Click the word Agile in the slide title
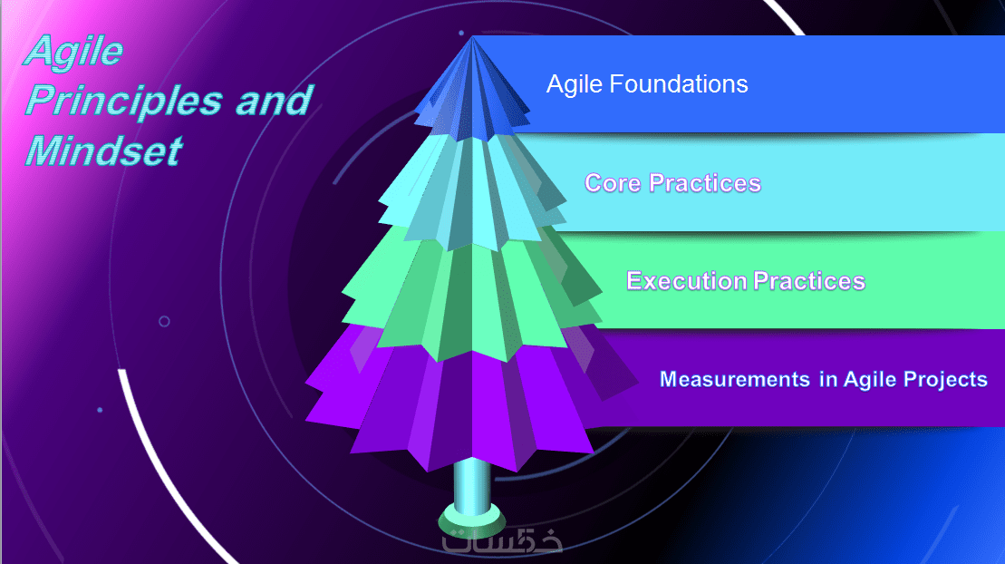(x=73, y=52)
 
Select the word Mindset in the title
(x=104, y=151)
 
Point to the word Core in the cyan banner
(x=613, y=183)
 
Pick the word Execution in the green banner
(x=686, y=281)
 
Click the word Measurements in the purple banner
(x=735, y=379)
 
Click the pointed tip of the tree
(x=472, y=36)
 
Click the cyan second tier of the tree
(x=472, y=192)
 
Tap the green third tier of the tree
(x=472, y=296)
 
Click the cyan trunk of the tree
(x=472, y=484)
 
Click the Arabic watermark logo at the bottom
(x=502, y=542)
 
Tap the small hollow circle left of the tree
(x=164, y=321)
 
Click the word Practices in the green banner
(x=809, y=281)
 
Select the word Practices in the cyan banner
(x=704, y=183)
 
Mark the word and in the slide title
(x=274, y=102)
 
